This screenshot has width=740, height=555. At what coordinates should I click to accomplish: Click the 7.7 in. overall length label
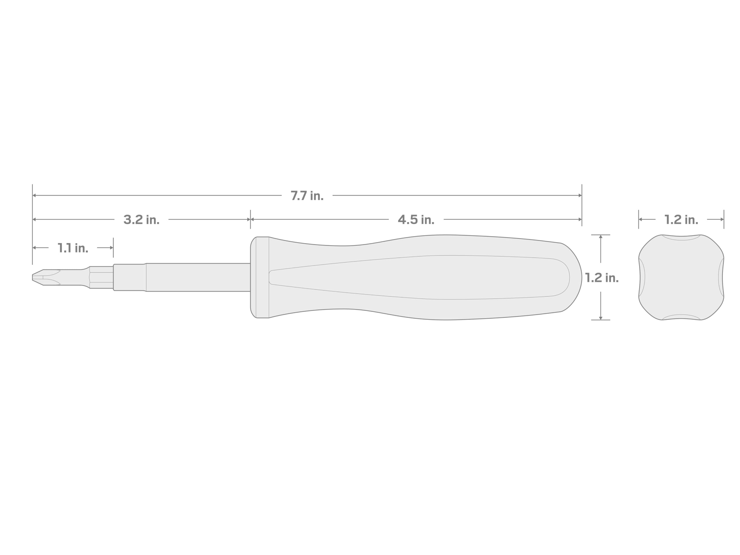pyautogui.click(x=307, y=196)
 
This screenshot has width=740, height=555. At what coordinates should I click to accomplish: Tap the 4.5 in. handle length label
pyautogui.click(x=416, y=220)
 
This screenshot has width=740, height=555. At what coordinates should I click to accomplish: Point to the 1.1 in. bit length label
pyautogui.click(x=73, y=248)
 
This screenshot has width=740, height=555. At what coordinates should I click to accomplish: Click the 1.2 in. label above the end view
pyautogui.click(x=681, y=220)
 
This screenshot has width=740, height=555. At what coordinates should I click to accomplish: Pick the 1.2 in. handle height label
pyautogui.click(x=602, y=278)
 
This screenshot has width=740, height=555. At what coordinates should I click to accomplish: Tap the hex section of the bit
pyautogui.click(x=101, y=277)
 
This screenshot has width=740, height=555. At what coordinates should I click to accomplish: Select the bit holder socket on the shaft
pyautogui.click(x=129, y=277)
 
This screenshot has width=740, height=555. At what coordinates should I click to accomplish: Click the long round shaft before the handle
pyautogui.click(x=198, y=277)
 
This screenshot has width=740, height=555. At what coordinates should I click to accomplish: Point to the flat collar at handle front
pyautogui.click(x=260, y=277)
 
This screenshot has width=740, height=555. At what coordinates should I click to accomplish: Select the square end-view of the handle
pyautogui.click(x=681, y=277)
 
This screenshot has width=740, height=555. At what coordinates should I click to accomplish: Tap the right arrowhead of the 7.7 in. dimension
pyautogui.click(x=580, y=195)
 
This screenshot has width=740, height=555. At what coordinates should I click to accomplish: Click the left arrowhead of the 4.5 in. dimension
pyautogui.click(x=253, y=219)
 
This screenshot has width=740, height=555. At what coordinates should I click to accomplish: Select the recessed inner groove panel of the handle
pyautogui.click(x=418, y=277)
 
